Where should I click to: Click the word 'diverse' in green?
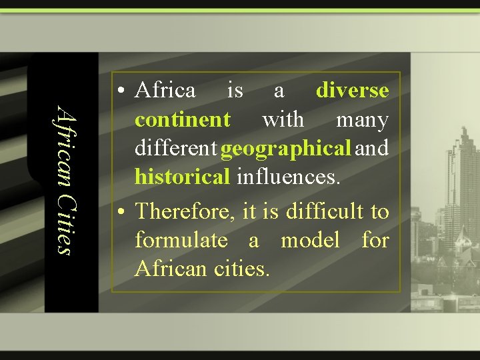point(352,90)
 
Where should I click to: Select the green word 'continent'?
point(182,120)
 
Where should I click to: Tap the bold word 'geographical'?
point(285,149)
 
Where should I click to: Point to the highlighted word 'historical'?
point(182,177)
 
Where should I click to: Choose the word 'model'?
point(310,240)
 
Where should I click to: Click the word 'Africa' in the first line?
point(165,90)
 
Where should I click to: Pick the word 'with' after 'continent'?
point(283,120)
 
